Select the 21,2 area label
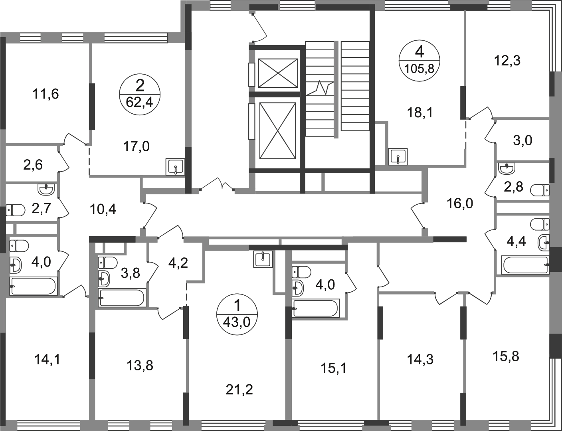pyautogui.click(x=239, y=388)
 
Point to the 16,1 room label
pyautogui.click(x=334, y=368)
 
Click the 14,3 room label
pyautogui.click(x=420, y=360)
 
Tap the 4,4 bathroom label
pyautogui.click(x=518, y=241)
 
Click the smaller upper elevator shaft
pyautogui.click(x=278, y=73)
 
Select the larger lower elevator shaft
pyautogui.click(x=278, y=130)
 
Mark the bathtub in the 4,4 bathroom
pyautogui.click(x=524, y=264)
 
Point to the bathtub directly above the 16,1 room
pyautogui.click(x=316, y=308)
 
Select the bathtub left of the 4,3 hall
pyautogui.click(x=121, y=297)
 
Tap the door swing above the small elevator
pyautogui.click(x=259, y=26)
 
